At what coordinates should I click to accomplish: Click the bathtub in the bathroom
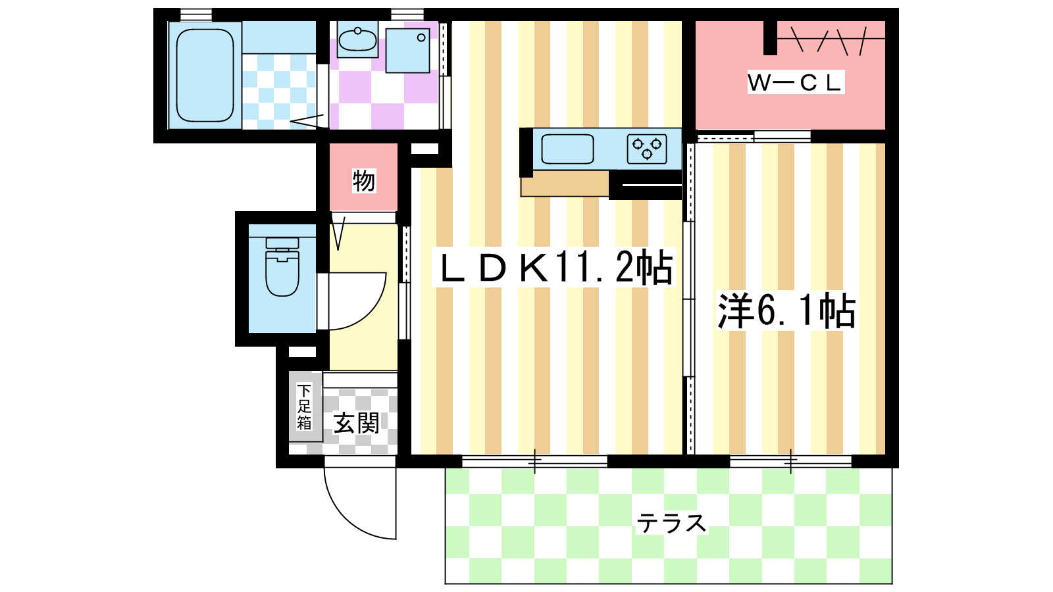[x=205, y=75]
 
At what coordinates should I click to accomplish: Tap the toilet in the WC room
[x=282, y=267]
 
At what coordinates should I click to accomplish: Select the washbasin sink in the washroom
[x=357, y=39]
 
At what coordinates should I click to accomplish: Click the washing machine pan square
[x=407, y=50]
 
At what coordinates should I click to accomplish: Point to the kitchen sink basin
[x=567, y=149]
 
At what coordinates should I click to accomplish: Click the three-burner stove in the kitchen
[x=647, y=149]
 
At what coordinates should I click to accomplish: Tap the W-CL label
[x=795, y=83]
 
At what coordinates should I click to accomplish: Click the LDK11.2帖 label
[x=554, y=267]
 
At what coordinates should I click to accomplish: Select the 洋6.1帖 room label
[x=786, y=310]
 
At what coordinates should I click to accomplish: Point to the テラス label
[x=671, y=523]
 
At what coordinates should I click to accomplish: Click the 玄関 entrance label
[x=356, y=424]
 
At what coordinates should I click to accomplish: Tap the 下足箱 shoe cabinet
[x=305, y=407]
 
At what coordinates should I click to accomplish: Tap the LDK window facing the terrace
[x=534, y=461]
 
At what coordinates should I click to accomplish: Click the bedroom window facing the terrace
[x=790, y=461]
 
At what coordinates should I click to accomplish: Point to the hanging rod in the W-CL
[x=831, y=39]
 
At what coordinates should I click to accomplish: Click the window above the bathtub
[x=196, y=14]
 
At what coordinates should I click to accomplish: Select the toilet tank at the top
[x=282, y=243]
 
